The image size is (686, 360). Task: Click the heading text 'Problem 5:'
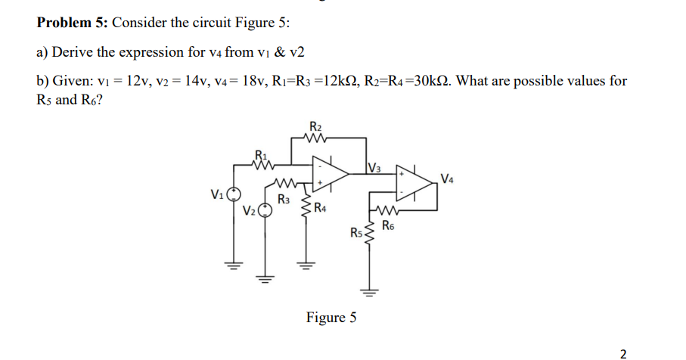tap(72, 22)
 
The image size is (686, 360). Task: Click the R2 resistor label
tap(315, 126)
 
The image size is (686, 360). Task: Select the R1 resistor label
tap(261, 157)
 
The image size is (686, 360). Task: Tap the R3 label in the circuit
tap(284, 200)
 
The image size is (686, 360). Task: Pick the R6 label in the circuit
tap(388, 225)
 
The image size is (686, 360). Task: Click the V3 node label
tap(374, 167)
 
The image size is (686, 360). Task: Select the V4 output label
tap(449, 178)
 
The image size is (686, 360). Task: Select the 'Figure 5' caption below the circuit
tap(331, 318)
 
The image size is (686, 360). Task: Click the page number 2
tap(623, 352)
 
